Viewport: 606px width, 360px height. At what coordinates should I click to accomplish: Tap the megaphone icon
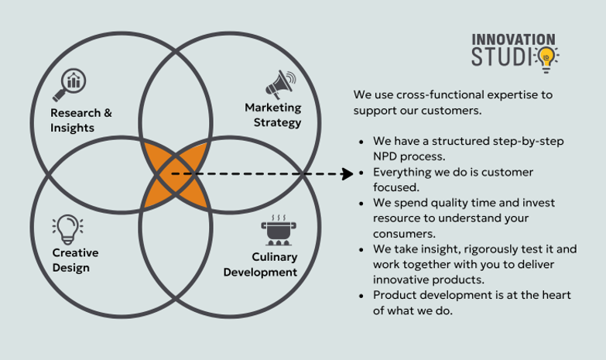click(x=279, y=82)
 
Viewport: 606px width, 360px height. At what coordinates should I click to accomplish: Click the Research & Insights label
click(x=80, y=120)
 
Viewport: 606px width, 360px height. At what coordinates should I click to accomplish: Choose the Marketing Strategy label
click(x=272, y=115)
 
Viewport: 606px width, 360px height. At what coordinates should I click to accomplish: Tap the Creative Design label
click(x=75, y=260)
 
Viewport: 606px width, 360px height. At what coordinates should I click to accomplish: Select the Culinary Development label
click(x=260, y=264)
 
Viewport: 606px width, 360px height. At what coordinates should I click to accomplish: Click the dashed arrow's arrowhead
click(x=348, y=174)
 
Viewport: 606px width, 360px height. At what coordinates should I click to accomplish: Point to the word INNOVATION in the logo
click(x=513, y=39)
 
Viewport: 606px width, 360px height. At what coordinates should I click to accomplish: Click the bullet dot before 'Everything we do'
click(x=362, y=173)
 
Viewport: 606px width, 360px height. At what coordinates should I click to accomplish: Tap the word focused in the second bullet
click(x=395, y=187)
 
